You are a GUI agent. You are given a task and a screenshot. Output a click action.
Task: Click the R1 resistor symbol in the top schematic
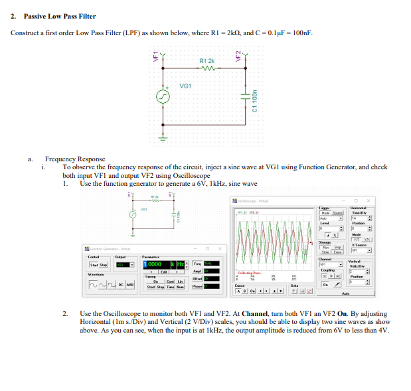click(x=205, y=68)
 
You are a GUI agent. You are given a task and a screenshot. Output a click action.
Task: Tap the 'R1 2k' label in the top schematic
click(x=206, y=60)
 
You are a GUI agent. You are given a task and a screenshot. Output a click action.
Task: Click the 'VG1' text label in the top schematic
click(x=186, y=86)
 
